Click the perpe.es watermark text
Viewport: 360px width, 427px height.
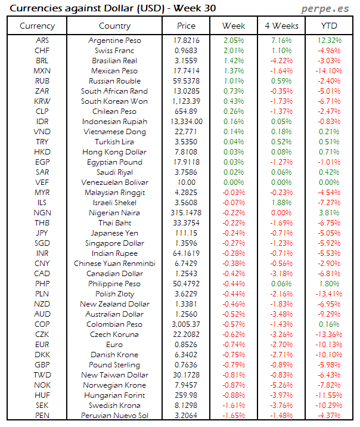[x=325, y=8]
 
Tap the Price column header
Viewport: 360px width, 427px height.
[x=186, y=26]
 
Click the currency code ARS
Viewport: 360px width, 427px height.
[x=42, y=41]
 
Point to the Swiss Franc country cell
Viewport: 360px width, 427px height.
[x=114, y=51]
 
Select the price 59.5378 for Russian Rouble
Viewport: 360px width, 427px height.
[x=186, y=81]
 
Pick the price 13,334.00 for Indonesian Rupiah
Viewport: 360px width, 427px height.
[x=186, y=122]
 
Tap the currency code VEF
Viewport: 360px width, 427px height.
[x=42, y=182]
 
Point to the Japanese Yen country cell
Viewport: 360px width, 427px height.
[x=114, y=233]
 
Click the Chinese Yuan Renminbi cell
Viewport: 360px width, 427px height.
[x=114, y=264]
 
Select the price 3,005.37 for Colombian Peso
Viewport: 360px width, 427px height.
[x=186, y=324]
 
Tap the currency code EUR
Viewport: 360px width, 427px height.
[x=42, y=345]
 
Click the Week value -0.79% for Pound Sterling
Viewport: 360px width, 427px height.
[x=234, y=365]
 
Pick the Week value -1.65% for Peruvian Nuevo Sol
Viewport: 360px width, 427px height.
[x=234, y=416]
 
